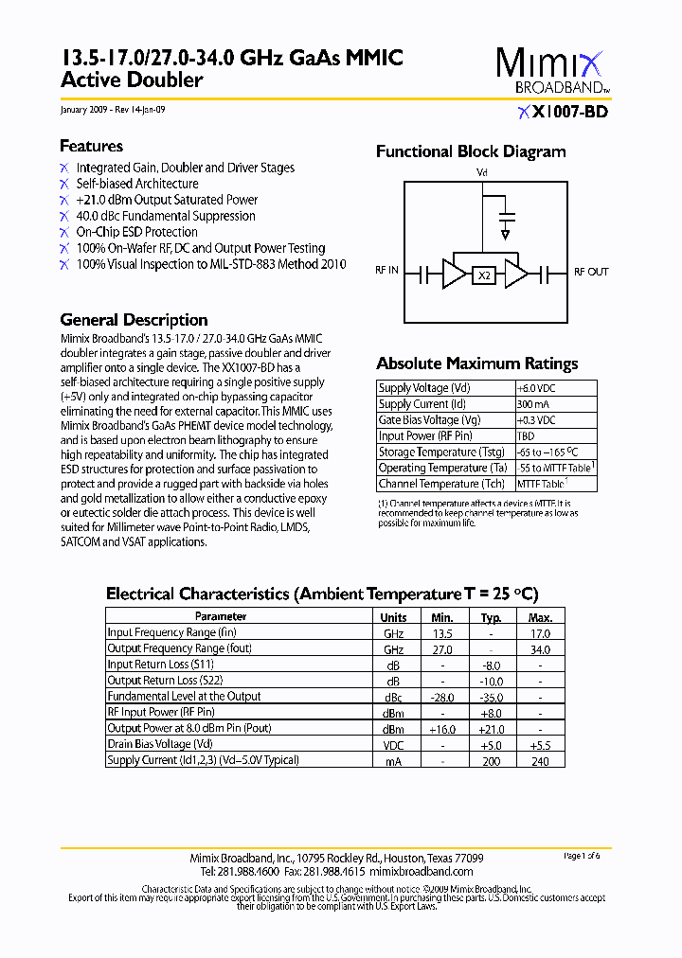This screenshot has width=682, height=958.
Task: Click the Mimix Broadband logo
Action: [548, 71]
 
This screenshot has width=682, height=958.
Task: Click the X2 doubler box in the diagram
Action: [485, 275]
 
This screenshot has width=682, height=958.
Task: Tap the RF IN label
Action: [386, 272]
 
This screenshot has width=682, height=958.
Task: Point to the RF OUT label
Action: [591, 272]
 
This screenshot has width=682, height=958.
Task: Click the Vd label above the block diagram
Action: [481, 173]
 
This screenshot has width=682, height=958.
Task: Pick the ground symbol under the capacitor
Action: [507, 233]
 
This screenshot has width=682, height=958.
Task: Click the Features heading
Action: [91, 146]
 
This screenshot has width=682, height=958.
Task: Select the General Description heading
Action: [134, 320]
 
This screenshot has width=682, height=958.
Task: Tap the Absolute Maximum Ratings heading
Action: [476, 364]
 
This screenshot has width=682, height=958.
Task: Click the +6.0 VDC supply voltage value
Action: [536, 388]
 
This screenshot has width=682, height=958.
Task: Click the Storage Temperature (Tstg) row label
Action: [440, 452]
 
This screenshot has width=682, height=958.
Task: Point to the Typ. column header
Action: [491, 617]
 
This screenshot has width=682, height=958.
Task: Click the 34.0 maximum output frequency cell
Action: [540, 649]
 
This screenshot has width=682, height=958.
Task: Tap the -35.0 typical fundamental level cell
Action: [491, 697]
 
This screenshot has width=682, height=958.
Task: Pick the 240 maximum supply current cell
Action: [540, 760]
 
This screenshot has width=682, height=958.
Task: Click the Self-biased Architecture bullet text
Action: [137, 184]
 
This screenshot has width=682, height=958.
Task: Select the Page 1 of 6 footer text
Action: [582, 856]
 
